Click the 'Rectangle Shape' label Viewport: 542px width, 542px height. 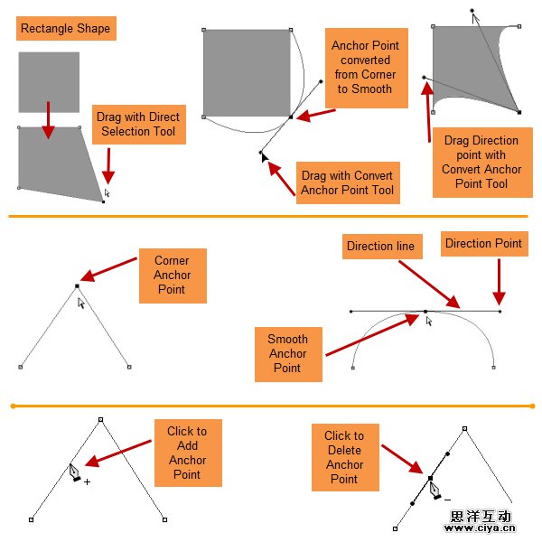[x=66, y=29]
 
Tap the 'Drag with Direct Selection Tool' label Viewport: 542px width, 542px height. [x=139, y=125]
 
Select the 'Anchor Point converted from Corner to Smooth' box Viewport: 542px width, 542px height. [x=365, y=68]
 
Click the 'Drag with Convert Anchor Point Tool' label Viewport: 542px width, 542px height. [x=348, y=182]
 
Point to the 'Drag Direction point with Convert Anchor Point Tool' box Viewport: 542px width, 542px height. [x=481, y=163]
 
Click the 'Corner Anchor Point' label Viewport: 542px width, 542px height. [x=173, y=276]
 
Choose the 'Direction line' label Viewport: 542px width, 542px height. [x=380, y=246]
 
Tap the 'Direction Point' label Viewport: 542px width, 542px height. [x=483, y=243]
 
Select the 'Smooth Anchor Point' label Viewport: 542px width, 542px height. [x=287, y=354]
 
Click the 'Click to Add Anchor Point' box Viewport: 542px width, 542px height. [x=187, y=453]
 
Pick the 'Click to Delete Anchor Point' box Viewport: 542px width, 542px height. [x=344, y=457]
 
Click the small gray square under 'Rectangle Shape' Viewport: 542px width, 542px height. [x=49, y=82]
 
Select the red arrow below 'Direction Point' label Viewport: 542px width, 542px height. [x=499, y=284]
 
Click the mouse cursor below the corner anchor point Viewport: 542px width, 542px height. [x=80, y=304]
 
